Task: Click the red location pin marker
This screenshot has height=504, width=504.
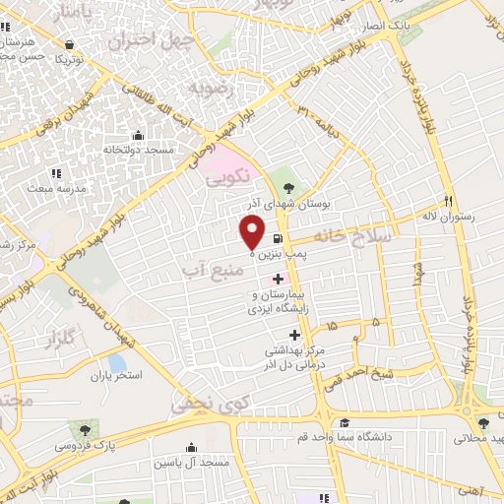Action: pos(252,232)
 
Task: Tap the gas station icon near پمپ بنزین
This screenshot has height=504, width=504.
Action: pos(279,238)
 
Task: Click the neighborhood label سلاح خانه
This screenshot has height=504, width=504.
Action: pos(352,237)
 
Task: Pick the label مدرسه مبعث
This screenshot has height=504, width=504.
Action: pos(57,186)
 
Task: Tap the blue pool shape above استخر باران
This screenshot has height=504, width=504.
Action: pos(117,362)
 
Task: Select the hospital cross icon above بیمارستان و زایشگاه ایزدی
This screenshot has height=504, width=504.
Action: pos(278,279)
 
